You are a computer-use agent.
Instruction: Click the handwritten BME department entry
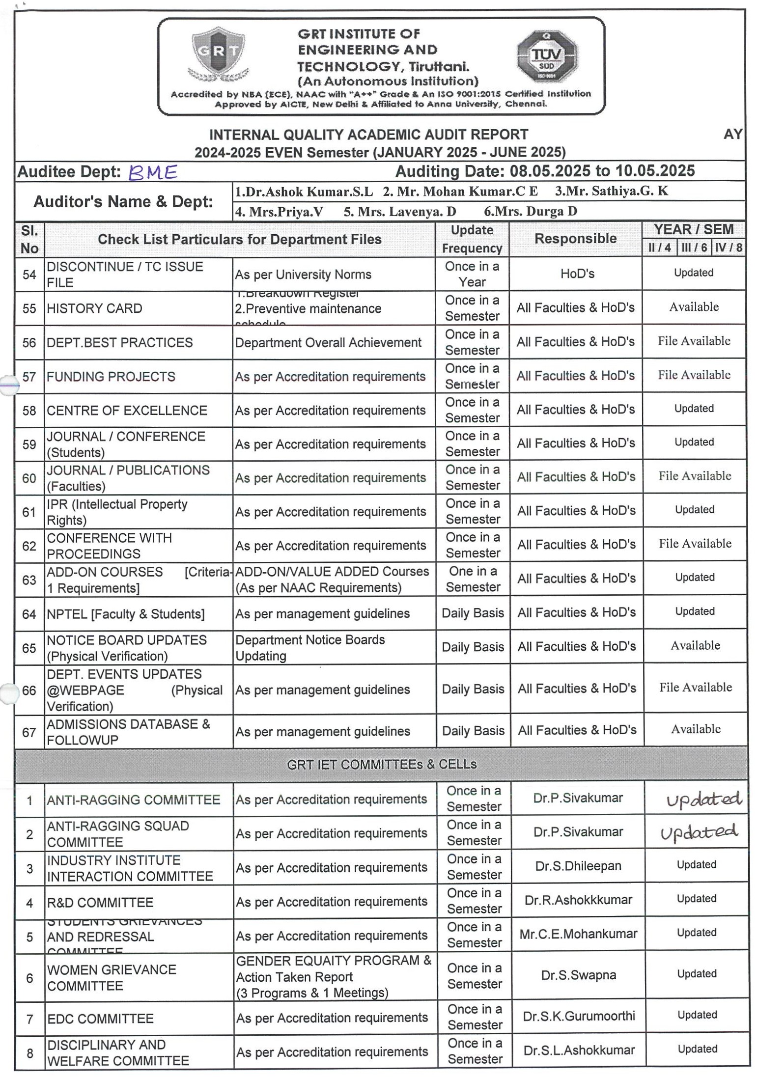[x=152, y=172]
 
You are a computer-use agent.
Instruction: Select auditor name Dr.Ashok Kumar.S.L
[x=304, y=192]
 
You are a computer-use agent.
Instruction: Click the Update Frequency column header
[x=472, y=239]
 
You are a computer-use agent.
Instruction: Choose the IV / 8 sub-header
[x=728, y=248]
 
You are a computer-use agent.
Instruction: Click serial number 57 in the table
[x=29, y=377]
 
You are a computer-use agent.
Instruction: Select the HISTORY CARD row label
[x=94, y=308]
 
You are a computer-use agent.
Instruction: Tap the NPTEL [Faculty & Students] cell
[x=126, y=614]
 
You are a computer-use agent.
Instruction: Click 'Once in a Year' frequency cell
[x=472, y=274]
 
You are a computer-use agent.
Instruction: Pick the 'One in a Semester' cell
[x=473, y=579]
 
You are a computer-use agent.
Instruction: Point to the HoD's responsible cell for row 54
[x=577, y=274]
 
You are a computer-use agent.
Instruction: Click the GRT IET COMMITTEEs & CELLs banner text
[x=381, y=764]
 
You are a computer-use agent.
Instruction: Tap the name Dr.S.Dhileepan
[x=578, y=866]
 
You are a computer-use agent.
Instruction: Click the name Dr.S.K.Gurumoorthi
[x=579, y=1016]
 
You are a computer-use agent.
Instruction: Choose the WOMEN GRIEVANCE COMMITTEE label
[x=112, y=978]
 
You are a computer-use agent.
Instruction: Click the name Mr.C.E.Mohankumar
[x=578, y=934]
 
